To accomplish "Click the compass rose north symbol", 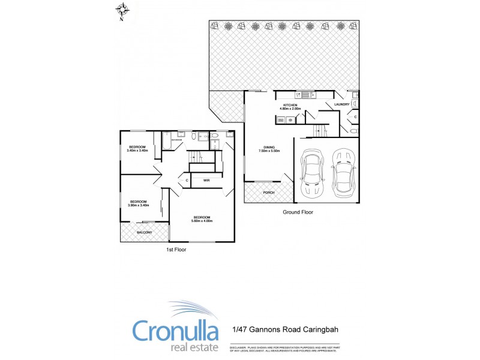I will pos(122,10).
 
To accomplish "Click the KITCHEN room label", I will pos(290,105).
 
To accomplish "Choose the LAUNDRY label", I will pos(342,105).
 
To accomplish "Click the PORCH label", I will pos(269,192).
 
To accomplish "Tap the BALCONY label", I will pos(144,232).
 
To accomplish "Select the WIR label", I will pos(206,180).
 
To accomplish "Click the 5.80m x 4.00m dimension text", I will pos(202,221).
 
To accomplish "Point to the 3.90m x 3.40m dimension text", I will pos(138,205).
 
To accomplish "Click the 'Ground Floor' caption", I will pos(298,212).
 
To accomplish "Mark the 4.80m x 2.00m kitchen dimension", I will pos(290,109).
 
